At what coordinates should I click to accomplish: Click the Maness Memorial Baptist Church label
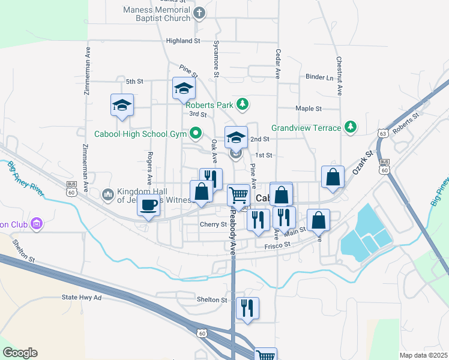click(157, 14)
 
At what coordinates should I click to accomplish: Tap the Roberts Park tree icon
click(242, 104)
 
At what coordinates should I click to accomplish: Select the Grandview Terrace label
click(306, 127)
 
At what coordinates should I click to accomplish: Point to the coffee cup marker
click(148, 206)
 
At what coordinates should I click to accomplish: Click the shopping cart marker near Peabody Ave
click(239, 195)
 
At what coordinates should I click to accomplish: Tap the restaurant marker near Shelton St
click(247, 308)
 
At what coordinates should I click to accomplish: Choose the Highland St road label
click(183, 41)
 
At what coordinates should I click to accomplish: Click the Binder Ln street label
click(319, 77)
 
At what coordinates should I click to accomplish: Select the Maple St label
click(309, 109)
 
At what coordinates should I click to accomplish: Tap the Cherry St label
click(213, 224)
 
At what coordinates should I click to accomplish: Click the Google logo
click(20, 353)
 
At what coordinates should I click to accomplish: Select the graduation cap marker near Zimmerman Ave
click(122, 106)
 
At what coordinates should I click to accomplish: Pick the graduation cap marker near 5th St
click(184, 89)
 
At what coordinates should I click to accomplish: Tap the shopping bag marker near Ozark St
click(333, 177)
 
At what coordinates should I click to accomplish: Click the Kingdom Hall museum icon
click(108, 194)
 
